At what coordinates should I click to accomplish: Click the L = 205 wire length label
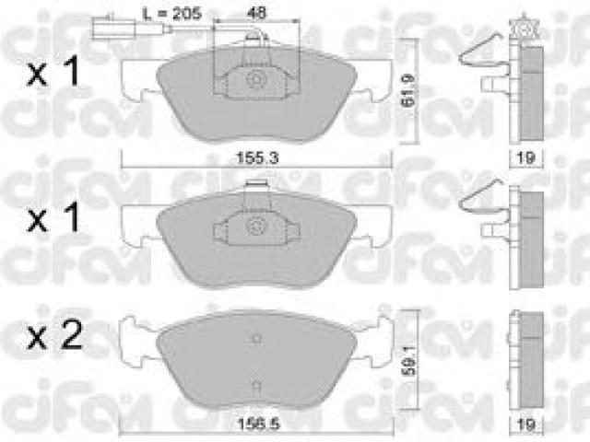tap(172, 14)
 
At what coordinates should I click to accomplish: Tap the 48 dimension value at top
tap(256, 13)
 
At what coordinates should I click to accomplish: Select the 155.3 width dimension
tap(257, 157)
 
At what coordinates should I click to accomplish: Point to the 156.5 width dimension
tap(258, 425)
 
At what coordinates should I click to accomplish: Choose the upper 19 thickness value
tap(525, 157)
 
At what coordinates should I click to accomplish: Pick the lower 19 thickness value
tap(526, 425)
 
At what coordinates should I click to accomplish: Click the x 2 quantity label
tap(55, 335)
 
